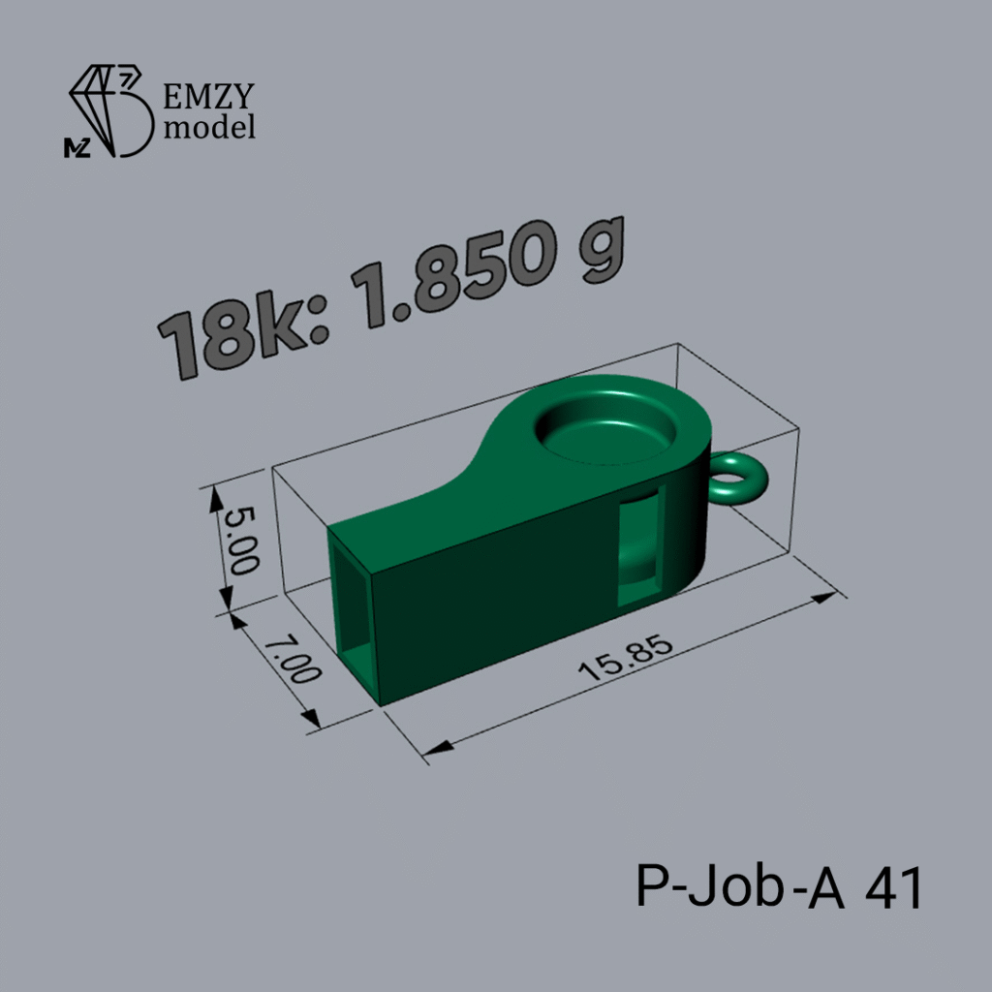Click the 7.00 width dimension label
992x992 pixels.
coord(292,661)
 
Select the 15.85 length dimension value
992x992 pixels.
coord(626,658)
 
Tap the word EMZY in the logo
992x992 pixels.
coord(209,96)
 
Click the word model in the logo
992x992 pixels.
coord(209,127)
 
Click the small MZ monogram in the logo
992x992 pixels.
coord(77,148)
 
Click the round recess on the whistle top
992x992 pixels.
coord(605,425)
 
